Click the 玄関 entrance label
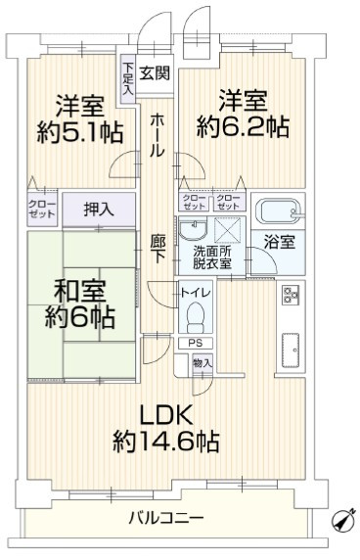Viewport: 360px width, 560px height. pyautogui.click(x=154, y=72)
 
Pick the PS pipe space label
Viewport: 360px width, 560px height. pyautogui.click(x=195, y=344)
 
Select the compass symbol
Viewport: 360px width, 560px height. pyautogui.click(x=341, y=518)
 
